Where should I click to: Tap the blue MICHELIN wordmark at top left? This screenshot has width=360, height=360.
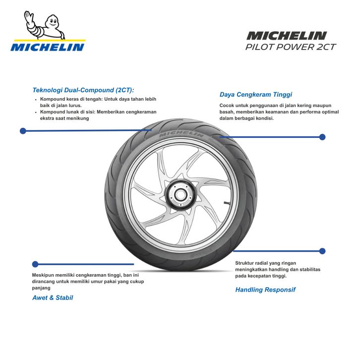[48, 48]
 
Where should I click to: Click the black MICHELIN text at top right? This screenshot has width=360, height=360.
[287, 36]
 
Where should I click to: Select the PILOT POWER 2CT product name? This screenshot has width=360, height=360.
[291, 47]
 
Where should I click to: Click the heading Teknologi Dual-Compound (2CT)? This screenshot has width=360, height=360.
[83, 90]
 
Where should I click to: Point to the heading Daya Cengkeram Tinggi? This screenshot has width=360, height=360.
[256, 94]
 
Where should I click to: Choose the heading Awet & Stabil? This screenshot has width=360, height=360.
[53, 298]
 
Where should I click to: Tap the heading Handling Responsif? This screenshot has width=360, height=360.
[265, 290]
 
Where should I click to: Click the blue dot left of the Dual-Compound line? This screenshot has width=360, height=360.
[23, 131]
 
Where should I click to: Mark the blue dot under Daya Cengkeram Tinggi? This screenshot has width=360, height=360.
[322, 137]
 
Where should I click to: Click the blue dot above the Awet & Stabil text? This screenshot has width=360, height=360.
[35, 264]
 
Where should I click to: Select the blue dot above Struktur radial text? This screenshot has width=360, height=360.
[322, 251]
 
